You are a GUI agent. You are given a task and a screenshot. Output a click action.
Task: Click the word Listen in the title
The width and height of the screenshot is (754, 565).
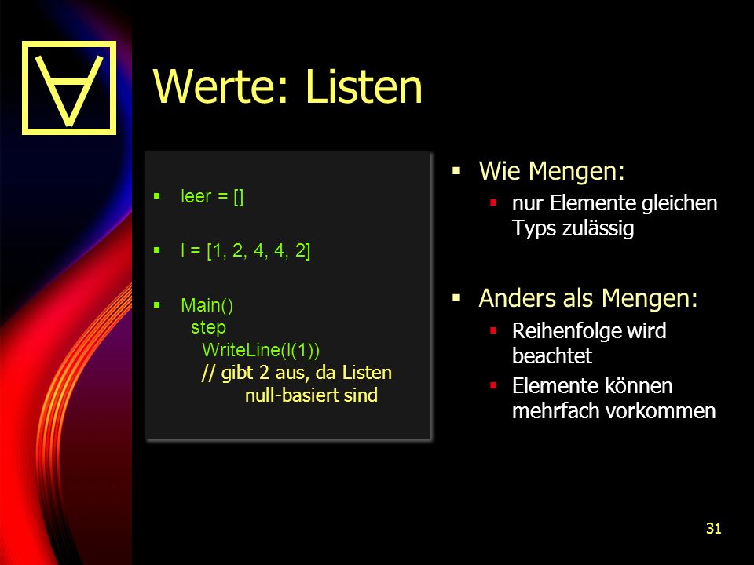(x=364, y=86)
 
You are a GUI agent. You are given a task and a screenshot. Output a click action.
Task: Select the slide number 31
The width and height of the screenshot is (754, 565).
(x=714, y=528)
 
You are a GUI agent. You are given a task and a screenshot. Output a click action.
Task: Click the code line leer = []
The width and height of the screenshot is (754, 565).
(x=212, y=196)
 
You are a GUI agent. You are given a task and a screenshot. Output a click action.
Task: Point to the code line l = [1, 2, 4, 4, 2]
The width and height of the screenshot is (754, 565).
(x=245, y=251)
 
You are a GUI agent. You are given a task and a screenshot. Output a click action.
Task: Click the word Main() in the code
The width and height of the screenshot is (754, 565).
(x=207, y=305)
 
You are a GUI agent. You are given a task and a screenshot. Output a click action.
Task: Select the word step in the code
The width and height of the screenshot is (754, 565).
(x=208, y=328)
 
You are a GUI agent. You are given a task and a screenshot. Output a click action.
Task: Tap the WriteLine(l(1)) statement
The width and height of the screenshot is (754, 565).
(x=261, y=350)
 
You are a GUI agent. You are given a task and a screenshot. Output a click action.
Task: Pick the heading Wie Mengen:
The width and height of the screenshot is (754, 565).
(x=552, y=171)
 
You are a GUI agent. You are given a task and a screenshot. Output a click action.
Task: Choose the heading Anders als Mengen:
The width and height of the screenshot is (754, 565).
(x=588, y=298)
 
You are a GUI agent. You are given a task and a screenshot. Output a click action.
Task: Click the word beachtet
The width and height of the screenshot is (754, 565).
(x=552, y=356)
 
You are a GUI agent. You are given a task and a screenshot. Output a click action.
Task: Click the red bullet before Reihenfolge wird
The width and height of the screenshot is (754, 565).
(x=493, y=330)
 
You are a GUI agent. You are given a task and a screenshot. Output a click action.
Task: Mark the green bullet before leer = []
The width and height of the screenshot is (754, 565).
(x=157, y=195)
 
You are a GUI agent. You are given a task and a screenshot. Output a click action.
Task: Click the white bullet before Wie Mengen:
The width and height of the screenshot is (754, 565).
(x=457, y=170)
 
